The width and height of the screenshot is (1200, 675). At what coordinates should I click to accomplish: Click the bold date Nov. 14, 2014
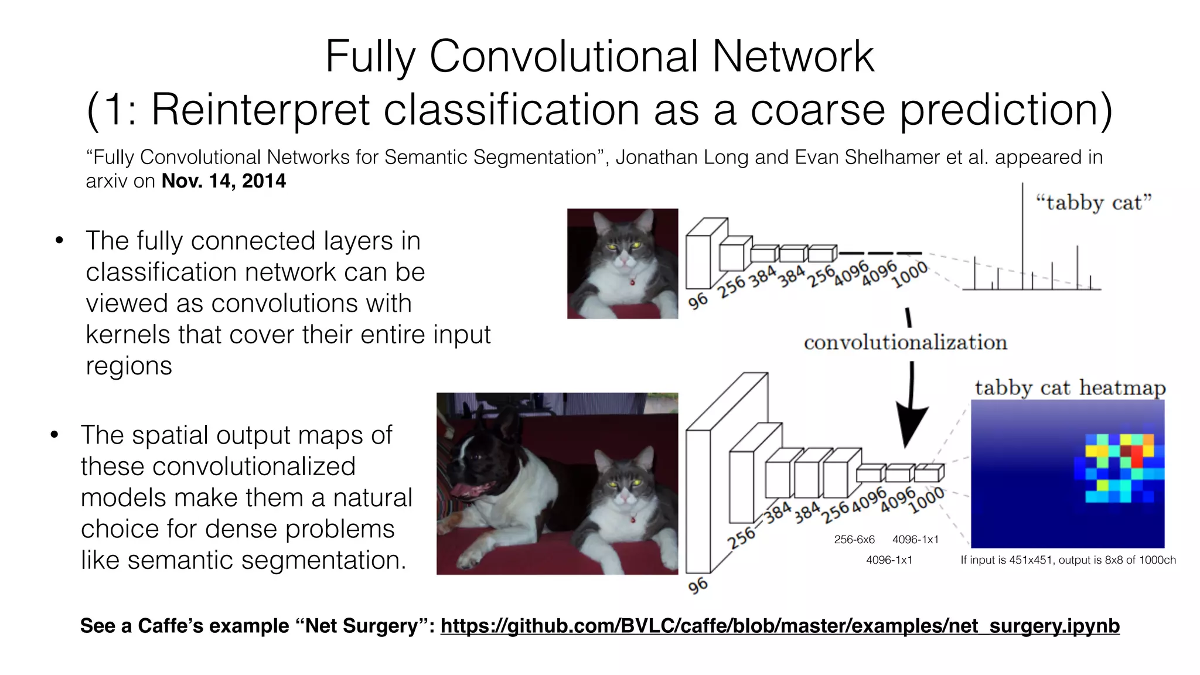pyautogui.click(x=223, y=181)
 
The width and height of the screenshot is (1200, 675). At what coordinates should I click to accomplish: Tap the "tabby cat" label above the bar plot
pyautogui.click(x=1093, y=203)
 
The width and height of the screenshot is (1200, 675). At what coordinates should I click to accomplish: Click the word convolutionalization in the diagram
pyautogui.click(x=905, y=342)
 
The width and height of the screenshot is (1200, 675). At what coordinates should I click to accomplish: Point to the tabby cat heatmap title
pyautogui.click(x=1070, y=388)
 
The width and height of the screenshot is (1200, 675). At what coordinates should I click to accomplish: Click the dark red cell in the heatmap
pyautogui.click(x=1126, y=451)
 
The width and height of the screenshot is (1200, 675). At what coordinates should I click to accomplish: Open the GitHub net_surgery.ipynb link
pyautogui.click(x=779, y=626)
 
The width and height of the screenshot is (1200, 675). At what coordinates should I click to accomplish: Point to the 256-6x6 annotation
pyautogui.click(x=854, y=540)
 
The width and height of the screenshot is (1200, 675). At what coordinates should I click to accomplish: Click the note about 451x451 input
pyautogui.click(x=1068, y=560)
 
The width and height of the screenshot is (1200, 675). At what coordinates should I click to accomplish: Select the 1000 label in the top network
pyautogui.click(x=909, y=275)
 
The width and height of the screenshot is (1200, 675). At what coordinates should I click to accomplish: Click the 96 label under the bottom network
pyautogui.click(x=697, y=585)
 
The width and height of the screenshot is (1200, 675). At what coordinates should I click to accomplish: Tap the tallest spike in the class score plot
pyautogui.click(x=1023, y=234)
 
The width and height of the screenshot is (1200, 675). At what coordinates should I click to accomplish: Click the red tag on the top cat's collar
pyautogui.click(x=632, y=282)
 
